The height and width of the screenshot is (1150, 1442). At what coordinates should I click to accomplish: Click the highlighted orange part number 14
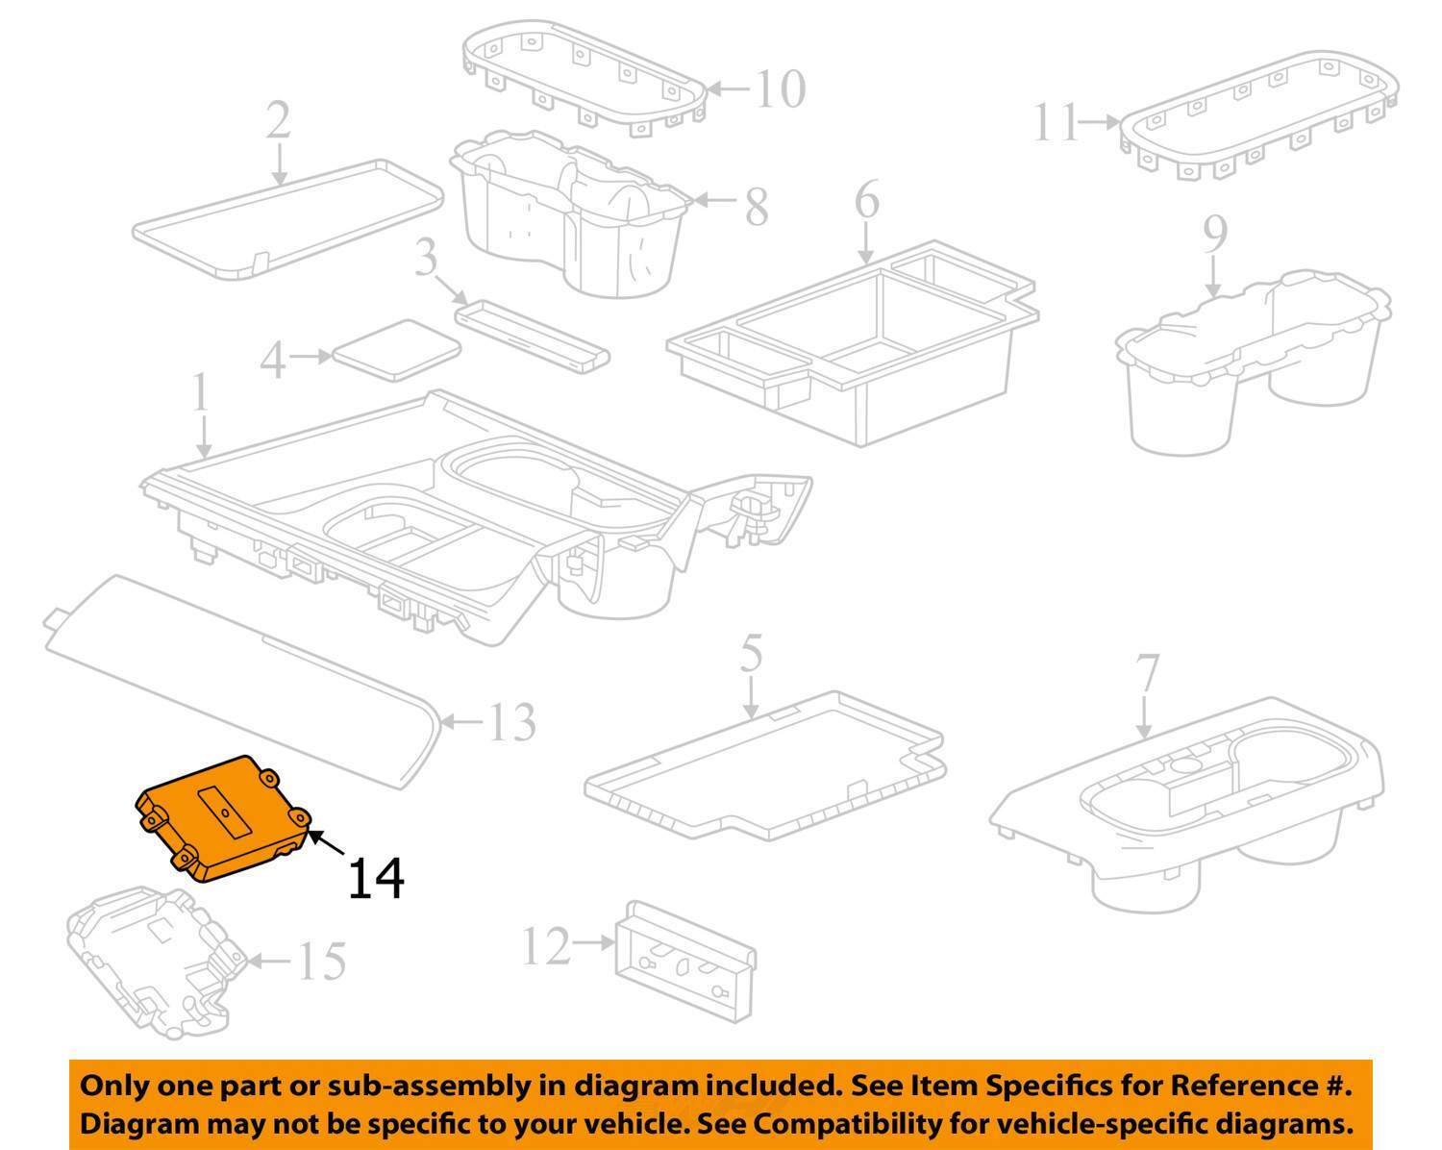coord(224,817)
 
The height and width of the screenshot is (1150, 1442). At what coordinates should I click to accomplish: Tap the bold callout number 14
coord(375,878)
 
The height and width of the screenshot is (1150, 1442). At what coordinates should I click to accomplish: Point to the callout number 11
coord(1057,122)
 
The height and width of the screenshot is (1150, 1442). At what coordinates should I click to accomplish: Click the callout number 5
coord(751,654)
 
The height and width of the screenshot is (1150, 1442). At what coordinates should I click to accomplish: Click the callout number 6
coord(866,201)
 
